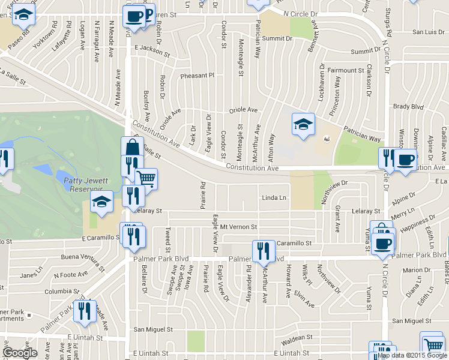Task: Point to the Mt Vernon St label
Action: [x=238, y=227]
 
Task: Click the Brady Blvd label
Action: [x=409, y=107]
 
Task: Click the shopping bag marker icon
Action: [x=132, y=148]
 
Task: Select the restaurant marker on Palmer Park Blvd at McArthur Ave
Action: [x=263, y=250]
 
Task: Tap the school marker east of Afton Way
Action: [x=303, y=124]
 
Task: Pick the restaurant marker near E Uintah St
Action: [x=84, y=310]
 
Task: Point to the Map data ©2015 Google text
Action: [x=412, y=355]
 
